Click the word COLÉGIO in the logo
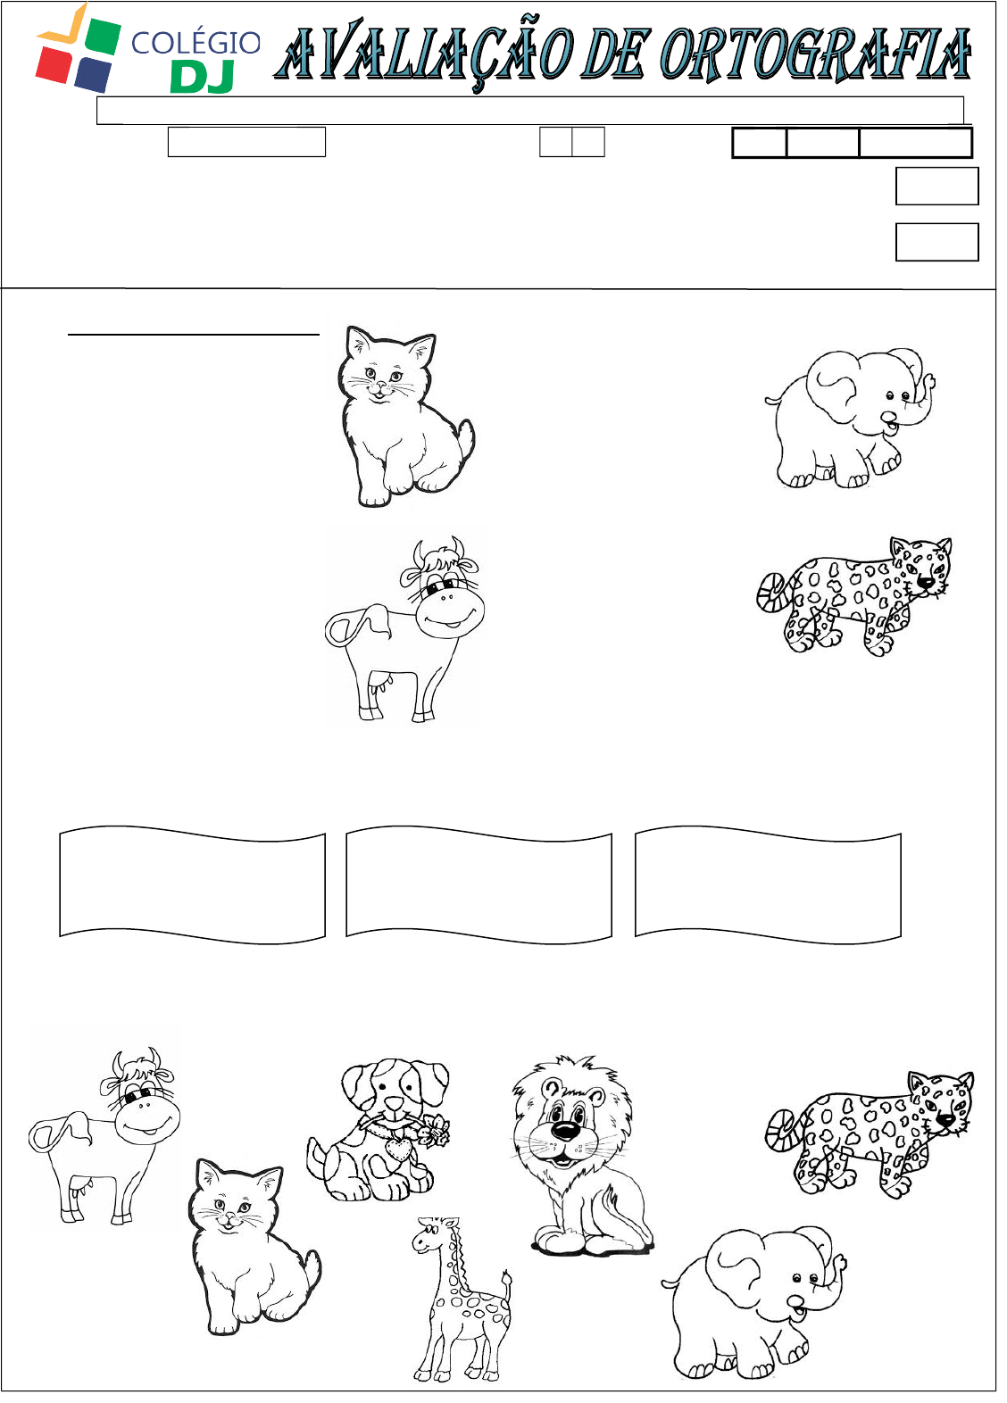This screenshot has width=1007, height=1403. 196,43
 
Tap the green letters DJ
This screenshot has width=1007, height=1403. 202,78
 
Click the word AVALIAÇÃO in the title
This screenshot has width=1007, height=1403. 424,54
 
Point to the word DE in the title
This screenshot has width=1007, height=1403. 612,54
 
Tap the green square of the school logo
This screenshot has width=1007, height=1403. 98,37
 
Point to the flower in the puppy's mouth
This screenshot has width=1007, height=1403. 433,1131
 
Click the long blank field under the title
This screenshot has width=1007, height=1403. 530,111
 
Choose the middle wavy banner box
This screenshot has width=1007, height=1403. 479,885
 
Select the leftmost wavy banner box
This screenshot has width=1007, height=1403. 192,885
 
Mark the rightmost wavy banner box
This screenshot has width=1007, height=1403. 769,885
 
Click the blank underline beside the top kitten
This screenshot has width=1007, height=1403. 194,335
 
